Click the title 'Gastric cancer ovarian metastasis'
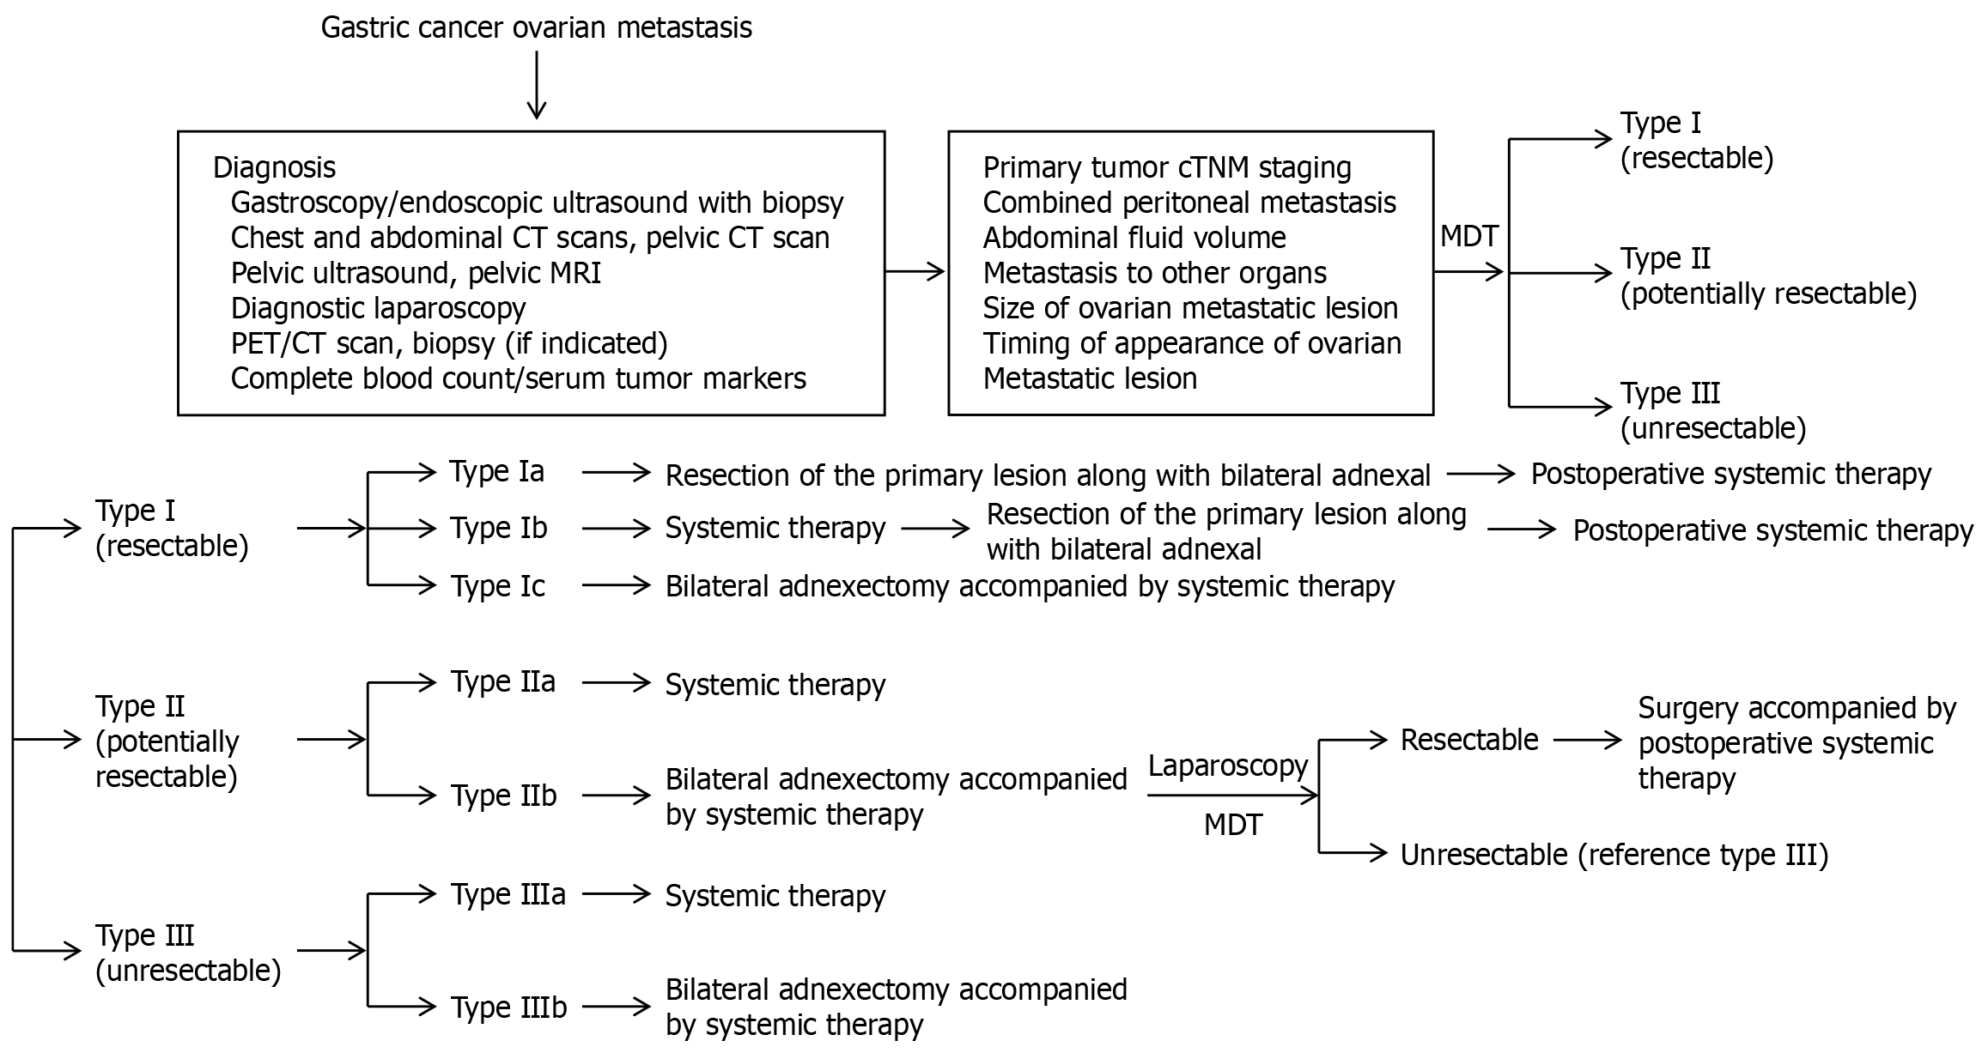click(537, 27)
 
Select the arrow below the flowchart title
click(537, 85)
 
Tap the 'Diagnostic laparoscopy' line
click(378, 308)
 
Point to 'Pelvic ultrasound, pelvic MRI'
click(416, 273)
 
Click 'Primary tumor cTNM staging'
click(1167, 167)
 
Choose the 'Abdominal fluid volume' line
click(1134, 238)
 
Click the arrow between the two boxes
click(915, 272)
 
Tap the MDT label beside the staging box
click(1469, 237)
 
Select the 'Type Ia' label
click(497, 471)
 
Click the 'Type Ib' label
click(499, 528)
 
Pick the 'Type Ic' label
click(498, 586)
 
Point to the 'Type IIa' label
click(503, 681)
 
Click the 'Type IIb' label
click(504, 796)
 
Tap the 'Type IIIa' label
click(508, 894)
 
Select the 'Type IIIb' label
click(509, 1007)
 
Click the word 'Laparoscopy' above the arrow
click(1228, 766)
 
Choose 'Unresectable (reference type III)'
click(1614, 855)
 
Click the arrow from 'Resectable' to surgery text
click(1588, 739)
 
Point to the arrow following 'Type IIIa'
click(617, 894)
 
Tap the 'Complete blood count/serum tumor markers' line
click(519, 378)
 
